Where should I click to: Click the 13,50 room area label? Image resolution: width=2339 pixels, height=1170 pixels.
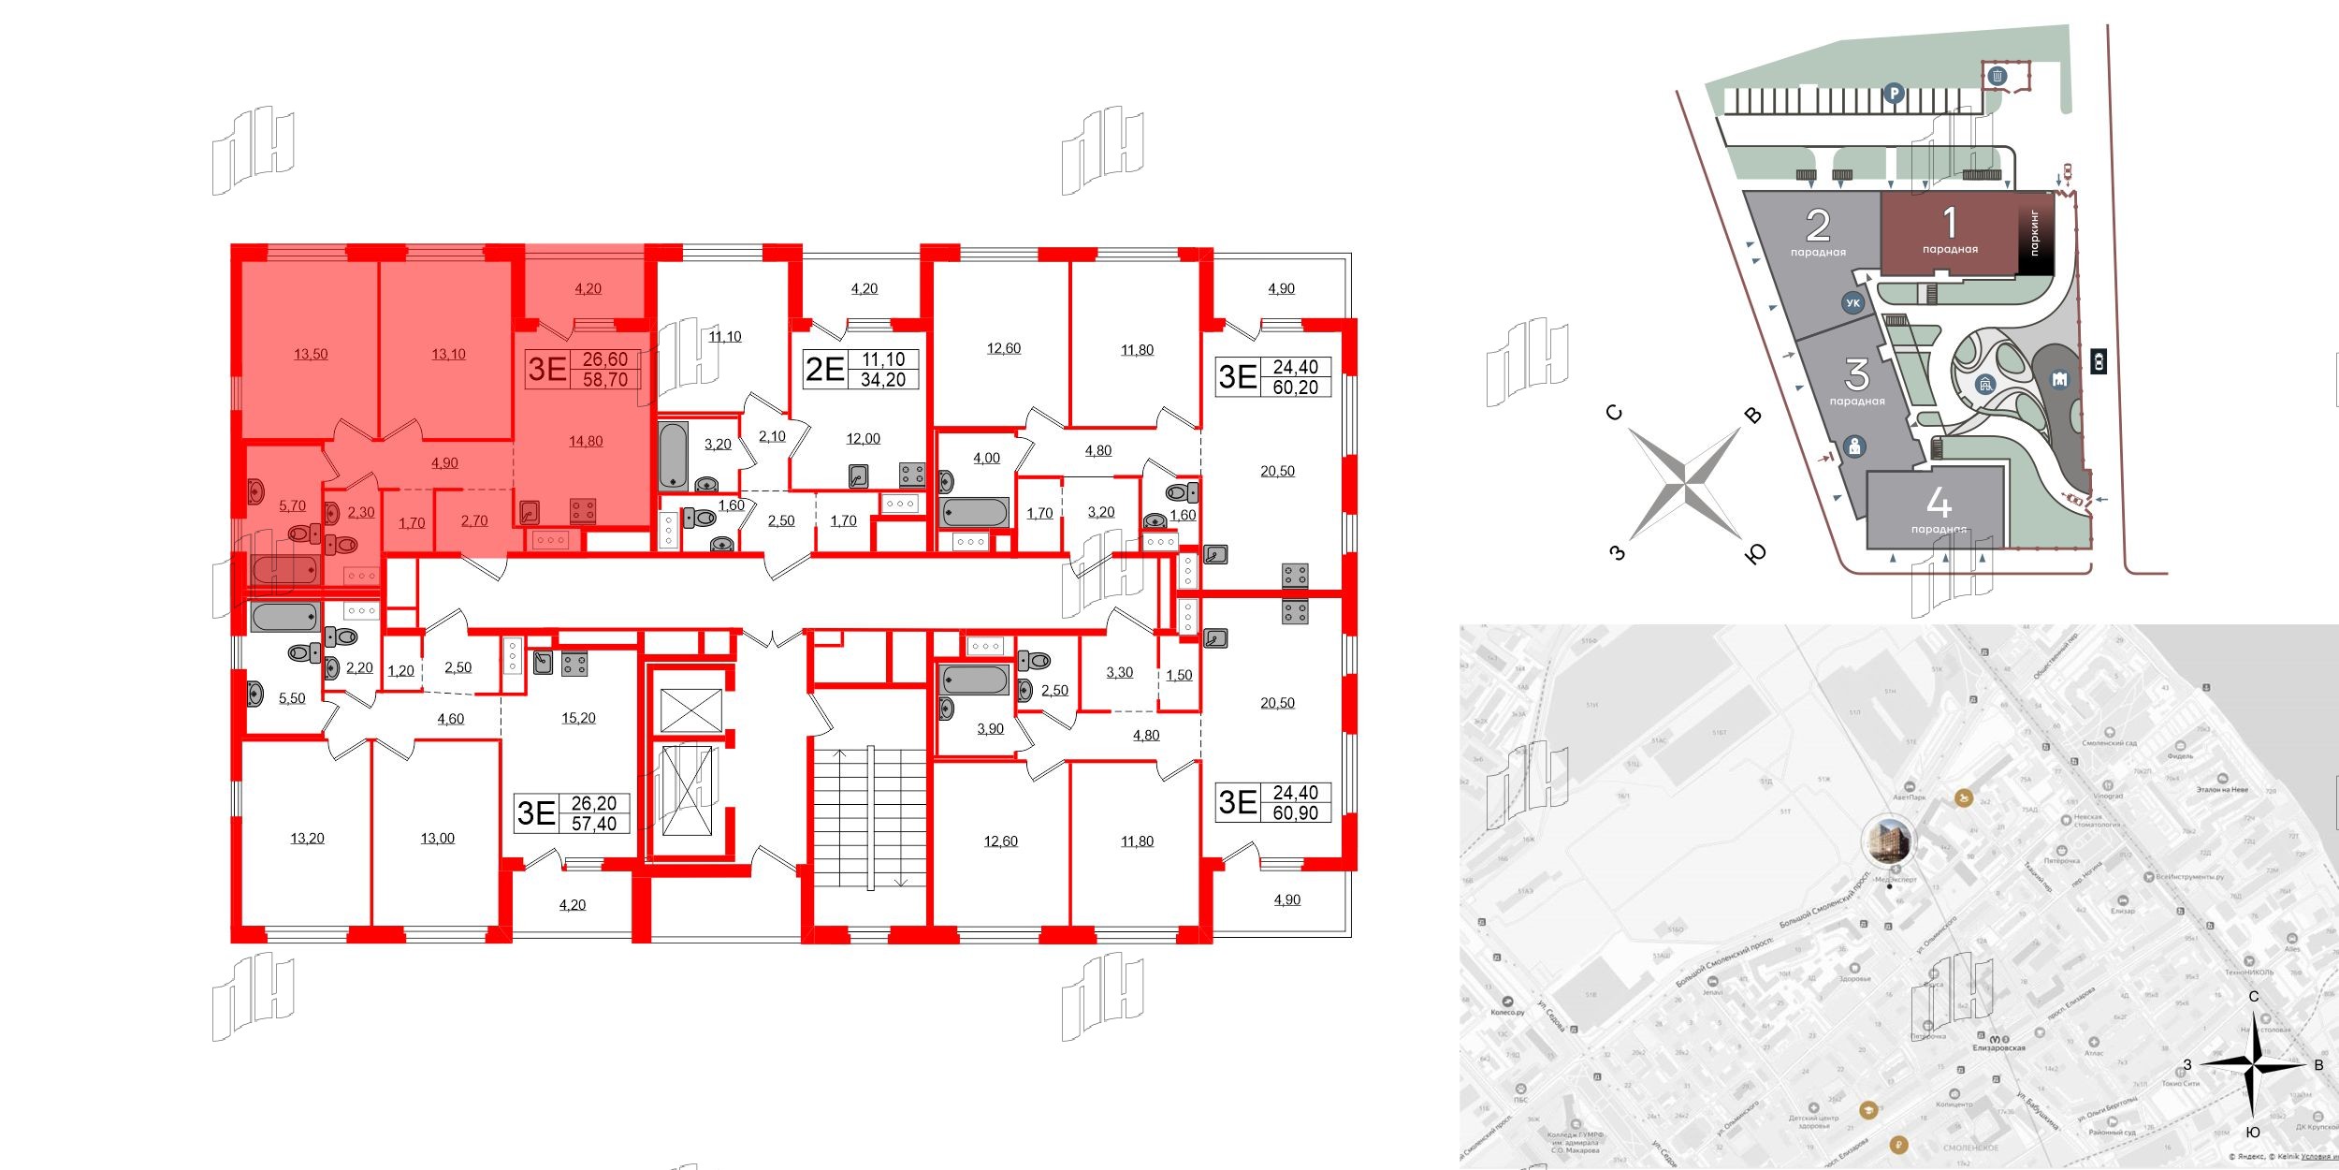click(x=311, y=355)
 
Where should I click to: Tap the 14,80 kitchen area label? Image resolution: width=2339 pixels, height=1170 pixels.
click(x=586, y=442)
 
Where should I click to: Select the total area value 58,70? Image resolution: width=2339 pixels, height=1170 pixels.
click(x=605, y=380)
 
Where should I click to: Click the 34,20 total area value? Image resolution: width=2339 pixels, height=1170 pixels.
click(x=883, y=380)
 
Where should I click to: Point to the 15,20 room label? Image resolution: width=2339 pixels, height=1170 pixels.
click(x=578, y=719)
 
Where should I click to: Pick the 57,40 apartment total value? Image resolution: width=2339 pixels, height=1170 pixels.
click(x=594, y=824)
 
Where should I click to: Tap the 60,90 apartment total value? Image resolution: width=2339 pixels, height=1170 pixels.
click(x=1296, y=813)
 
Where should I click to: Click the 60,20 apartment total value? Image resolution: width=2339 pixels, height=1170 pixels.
click(x=1296, y=387)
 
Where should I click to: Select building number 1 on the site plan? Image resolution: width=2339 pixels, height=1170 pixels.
click(x=1950, y=225)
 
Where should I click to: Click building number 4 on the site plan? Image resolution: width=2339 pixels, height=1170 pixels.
click(x=1939, y=505)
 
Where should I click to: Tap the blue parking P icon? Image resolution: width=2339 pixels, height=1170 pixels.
click(x=1894, y=94)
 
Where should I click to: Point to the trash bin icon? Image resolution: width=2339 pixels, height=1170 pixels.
click(x=1998, y=76)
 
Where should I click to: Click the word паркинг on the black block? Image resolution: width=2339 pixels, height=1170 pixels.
click(x=2034, y=234)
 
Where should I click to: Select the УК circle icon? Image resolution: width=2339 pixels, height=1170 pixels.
click(x=1852, y=303)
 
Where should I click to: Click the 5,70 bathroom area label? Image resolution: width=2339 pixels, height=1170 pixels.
click(x=292, y=506)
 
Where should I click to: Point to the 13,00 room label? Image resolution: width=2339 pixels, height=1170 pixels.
click(x=437, y=839)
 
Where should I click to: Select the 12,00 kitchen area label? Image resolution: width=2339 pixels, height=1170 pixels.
click(x=863, y=439)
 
